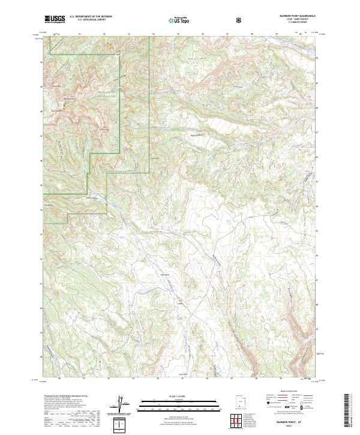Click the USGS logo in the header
[54, 19]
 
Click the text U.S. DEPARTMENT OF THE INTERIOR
[90, 17]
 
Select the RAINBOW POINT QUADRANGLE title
[293, 17]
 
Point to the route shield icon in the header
[240, 20]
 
